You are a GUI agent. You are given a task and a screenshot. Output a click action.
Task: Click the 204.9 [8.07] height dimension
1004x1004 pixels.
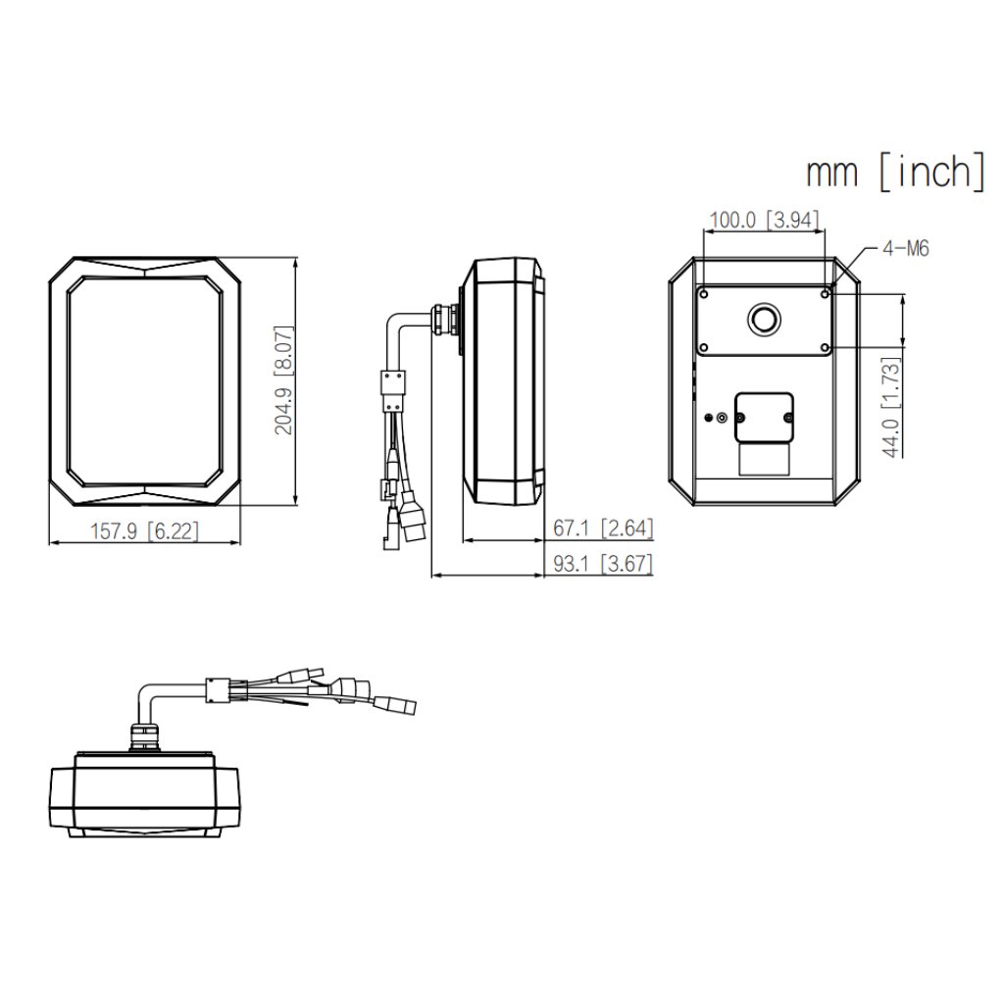(x=283, y=380)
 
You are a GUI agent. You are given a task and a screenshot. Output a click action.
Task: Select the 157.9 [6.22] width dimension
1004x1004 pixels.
(x=145, y=530)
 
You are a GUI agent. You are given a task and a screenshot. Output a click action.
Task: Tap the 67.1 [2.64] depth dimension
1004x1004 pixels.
(x=603, y=528)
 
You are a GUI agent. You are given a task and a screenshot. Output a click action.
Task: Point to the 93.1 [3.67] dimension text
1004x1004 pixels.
(x=603, y=564)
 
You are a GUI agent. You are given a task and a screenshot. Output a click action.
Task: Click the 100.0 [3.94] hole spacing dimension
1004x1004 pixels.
(x=765, y=221)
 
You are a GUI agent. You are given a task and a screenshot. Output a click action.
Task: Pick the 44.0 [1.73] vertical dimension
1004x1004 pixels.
(x=891, y=407)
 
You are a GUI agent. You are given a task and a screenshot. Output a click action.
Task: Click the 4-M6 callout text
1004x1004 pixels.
(x=905, y=248)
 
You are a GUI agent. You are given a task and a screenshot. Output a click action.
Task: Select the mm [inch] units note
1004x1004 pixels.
(x=896, y=172)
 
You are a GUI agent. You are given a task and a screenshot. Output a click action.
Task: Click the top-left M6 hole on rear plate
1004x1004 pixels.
(x=704, y=294)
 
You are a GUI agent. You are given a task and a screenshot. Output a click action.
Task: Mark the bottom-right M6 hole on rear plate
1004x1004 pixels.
(x=826, y=348)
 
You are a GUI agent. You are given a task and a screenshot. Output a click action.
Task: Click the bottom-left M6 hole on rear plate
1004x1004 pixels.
(x=704, y=348)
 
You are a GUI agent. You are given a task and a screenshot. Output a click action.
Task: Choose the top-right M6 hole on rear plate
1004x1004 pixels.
(x=826, y=294)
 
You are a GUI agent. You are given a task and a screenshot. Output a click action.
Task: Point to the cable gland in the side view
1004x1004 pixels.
(x=446, y=319)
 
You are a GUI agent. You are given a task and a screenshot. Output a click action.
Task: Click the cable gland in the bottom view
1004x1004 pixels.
(x=144, y=737)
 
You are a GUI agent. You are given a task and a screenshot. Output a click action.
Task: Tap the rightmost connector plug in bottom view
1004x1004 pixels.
(x=396, y=704)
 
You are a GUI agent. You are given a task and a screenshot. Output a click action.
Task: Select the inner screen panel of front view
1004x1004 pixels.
(x=145, y=380)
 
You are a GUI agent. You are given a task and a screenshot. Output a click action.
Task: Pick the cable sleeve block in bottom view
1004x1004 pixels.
(x=219, y=690)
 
